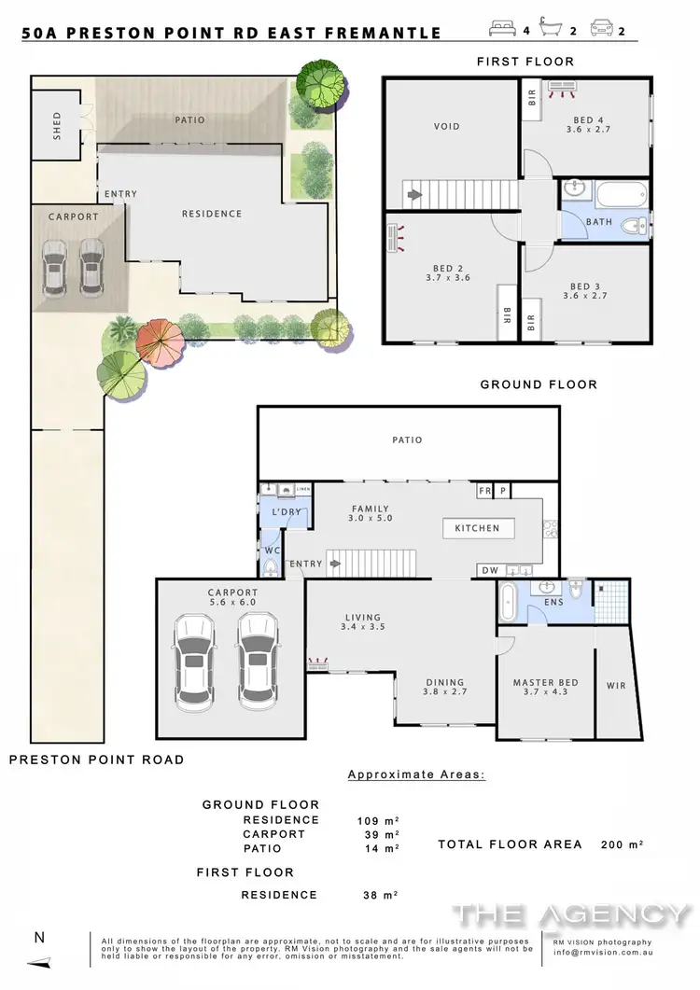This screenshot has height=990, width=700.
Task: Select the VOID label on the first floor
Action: [x=447, y=126]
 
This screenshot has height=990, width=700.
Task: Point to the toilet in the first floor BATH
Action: [x=637, y=224]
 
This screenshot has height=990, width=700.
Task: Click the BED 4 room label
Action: [x=586, y=119]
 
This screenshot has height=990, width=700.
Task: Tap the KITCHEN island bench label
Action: [x=477, y=528]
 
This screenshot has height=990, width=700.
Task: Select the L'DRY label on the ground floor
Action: [x=284, y=514]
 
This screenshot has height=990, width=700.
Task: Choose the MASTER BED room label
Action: [x=545, y=682]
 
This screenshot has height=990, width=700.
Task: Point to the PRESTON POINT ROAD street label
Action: [x=96, y=760]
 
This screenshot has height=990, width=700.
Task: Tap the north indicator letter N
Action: [x=36, y=937]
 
